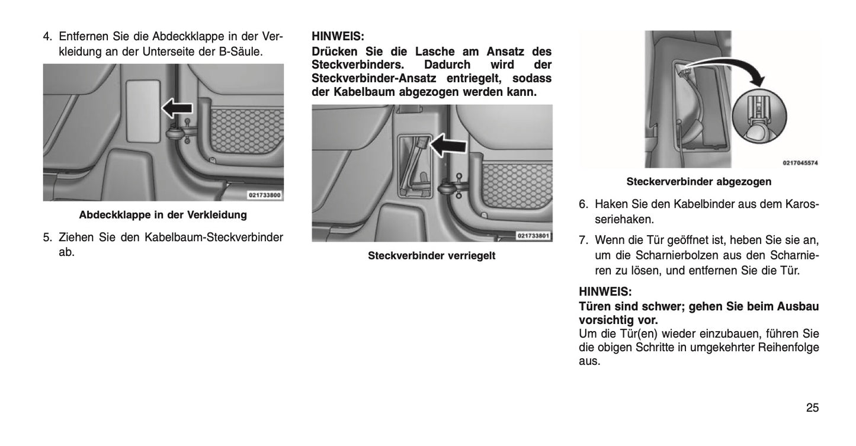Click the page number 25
[x=812, y=408]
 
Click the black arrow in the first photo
[x=177, y=108]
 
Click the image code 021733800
[x=264, y=195]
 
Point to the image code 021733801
[x=533, y=236]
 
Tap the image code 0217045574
[x=800, y=162]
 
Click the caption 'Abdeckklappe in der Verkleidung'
[x=163, y=214]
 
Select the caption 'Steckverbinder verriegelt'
[x=431, y=255]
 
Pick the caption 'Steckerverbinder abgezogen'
[x=699, y=181]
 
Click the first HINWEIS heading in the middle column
[x=338, y=36]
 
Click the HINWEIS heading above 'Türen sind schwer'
[x=605, y=291]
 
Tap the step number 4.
[x=47, y=37]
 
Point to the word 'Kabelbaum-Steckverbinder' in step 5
[x=214, y=238]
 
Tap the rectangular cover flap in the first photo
[x=142, y=105]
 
